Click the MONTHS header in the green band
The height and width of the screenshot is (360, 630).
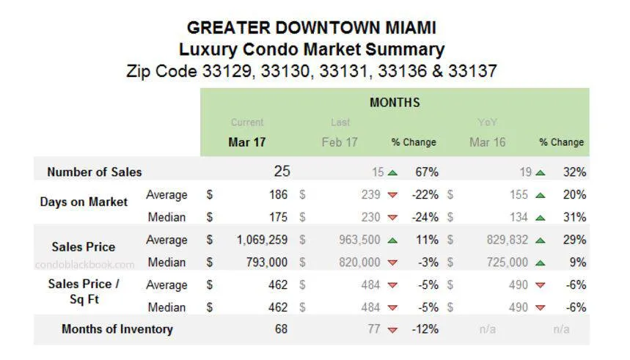[x=395, y=103]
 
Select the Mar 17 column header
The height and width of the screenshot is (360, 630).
[x=246, y=142]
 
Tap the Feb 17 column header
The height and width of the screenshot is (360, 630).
[x=340, y=142]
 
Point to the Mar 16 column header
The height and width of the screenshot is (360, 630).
[x=487, y=142]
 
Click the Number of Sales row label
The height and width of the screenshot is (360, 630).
[x=94, y=172]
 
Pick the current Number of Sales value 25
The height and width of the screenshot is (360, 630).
[x=282, y=172]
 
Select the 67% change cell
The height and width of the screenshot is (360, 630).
[x=426, y=172]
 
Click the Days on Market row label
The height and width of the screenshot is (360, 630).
[x=83, y=202]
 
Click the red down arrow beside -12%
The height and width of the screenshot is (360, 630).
[x=392, y=330]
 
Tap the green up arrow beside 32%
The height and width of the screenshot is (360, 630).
[x=540, y=173]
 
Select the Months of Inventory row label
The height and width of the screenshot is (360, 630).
[x=117, y=329]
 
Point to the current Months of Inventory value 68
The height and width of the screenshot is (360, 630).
[x=281, y=329]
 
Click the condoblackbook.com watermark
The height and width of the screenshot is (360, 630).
[x=85, y=265]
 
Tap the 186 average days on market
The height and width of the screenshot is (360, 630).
[x=279, y=195]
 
